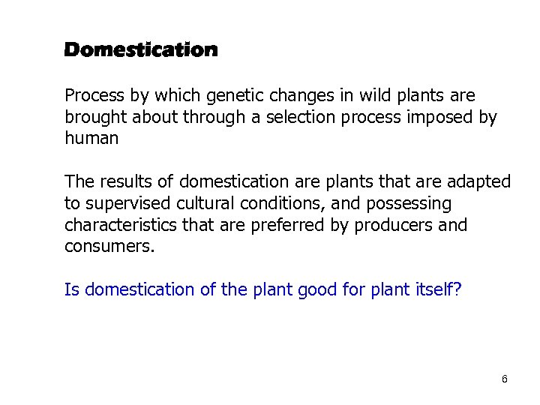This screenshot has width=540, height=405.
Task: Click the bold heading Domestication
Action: (141, 50)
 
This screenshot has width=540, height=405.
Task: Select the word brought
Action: (95, 118)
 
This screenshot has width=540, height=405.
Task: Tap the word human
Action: (91, 139)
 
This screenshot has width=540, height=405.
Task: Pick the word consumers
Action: (109, 247)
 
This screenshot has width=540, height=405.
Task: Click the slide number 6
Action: (505, 379)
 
